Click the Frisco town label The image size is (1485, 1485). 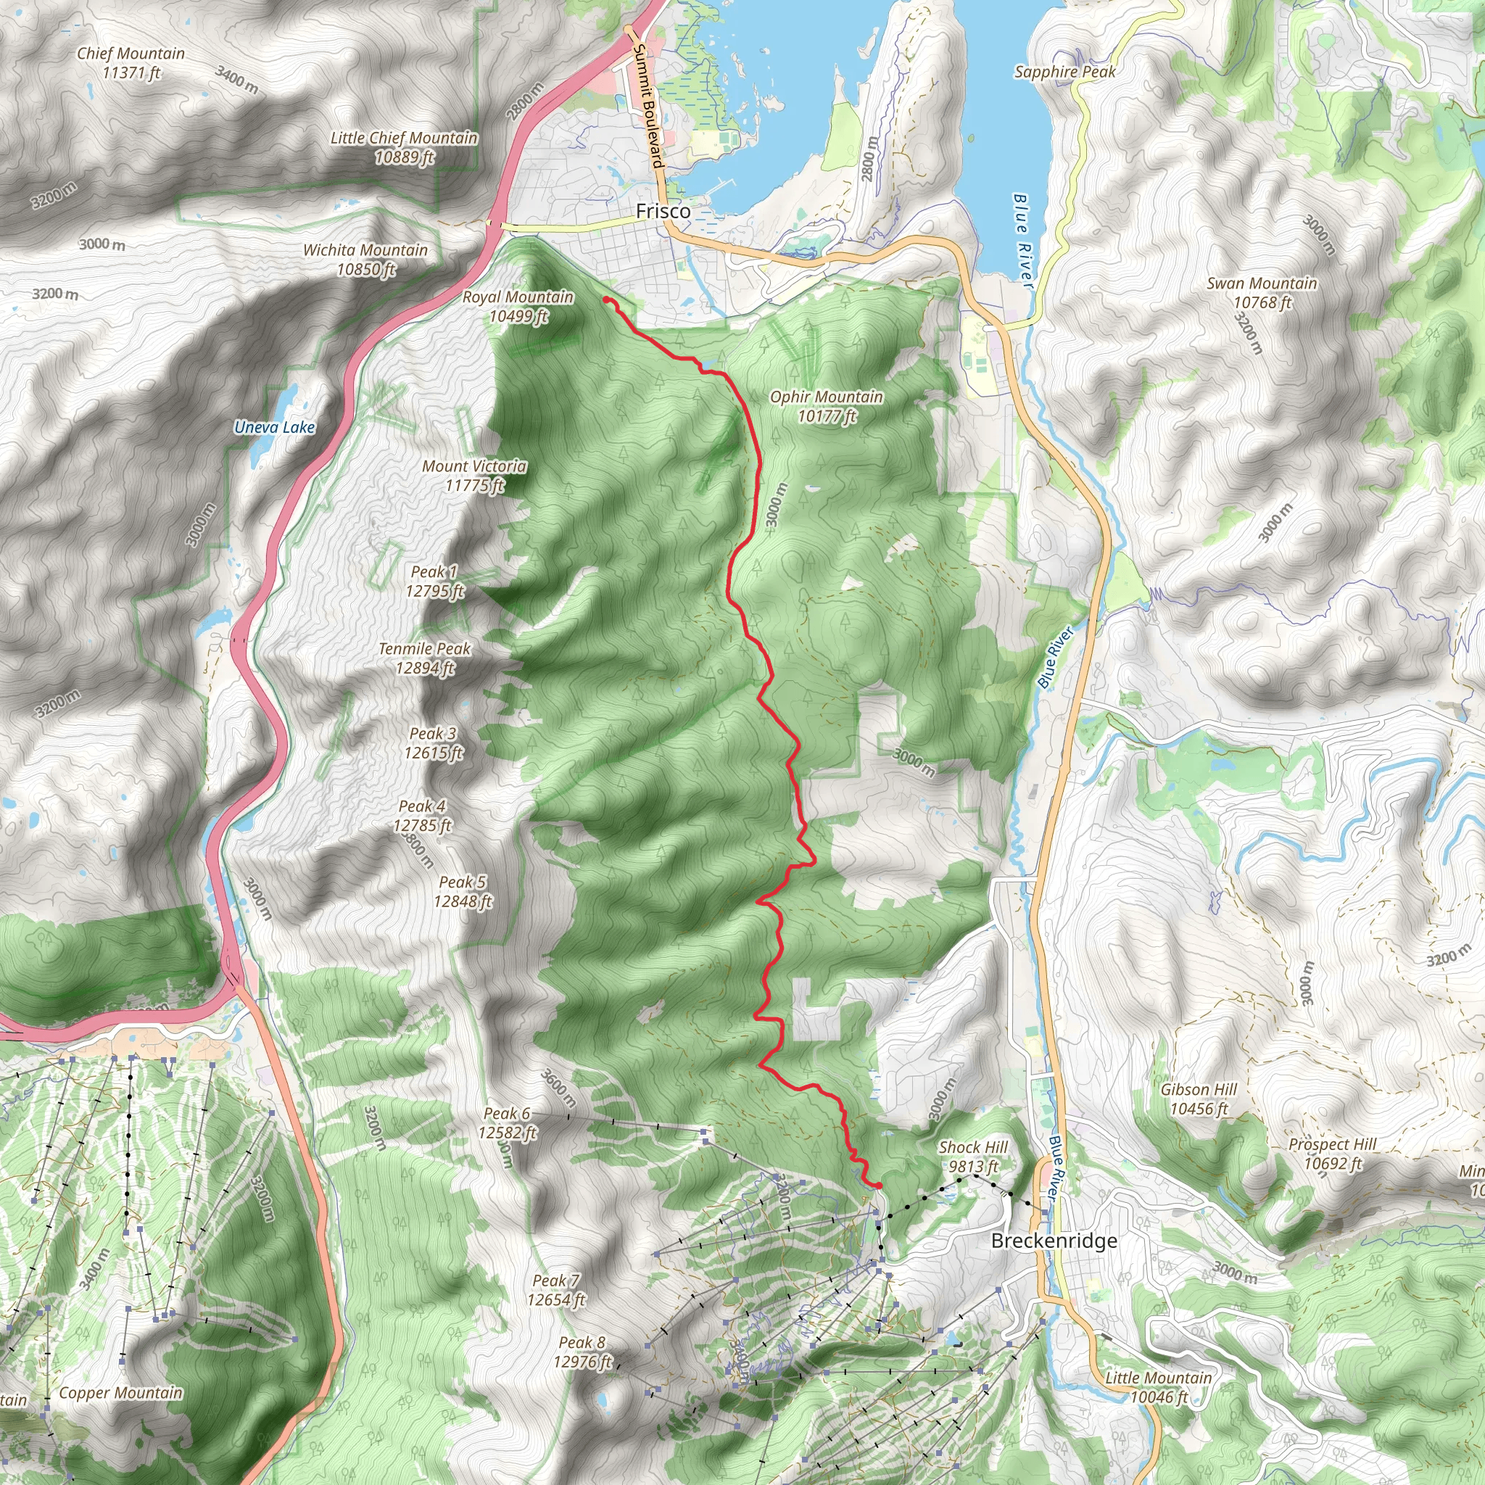point(663,210)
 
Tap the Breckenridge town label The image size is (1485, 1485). point(1054,1241)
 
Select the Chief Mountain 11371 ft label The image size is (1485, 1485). point(131,63)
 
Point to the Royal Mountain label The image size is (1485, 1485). point(517,306)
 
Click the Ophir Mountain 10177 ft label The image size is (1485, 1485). point(827,407)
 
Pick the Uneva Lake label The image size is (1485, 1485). point(274,427)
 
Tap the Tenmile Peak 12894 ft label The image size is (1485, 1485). point(424,658)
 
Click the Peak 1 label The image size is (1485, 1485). point(434,581)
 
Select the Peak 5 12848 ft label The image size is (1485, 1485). point(463,892)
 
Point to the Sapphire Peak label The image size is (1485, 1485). point(1064,72)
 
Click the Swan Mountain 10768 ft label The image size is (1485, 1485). point(1262,293)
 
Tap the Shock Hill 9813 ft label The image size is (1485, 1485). point(973,1157)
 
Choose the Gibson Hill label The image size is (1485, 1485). point(1199,1099)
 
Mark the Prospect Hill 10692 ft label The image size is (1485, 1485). point(1332,1154)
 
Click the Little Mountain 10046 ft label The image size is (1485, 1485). point(1158,1386)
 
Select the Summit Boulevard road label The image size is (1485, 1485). point(648,105)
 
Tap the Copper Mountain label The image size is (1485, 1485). point(120,1393)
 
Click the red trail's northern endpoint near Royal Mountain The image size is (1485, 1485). point(606,299)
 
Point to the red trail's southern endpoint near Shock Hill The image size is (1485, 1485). point(877,1186)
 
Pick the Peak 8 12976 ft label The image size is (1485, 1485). point(582,1352)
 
